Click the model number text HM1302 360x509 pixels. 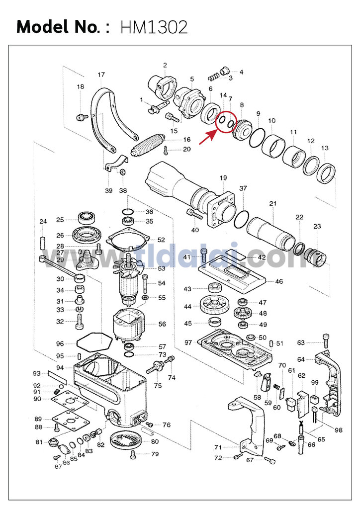pyautogui.click(x=154, y=27)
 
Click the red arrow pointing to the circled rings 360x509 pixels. pyautogui.click(x=208, y=137)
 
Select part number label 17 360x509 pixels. pyautogui.click(x=101, y=75)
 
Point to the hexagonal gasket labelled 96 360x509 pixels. pyautogui.click(x=93, y=343)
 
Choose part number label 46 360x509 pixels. pyautogui.click(x=279, y=281)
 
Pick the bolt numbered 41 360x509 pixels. pyautogui.click(x=204, y=257)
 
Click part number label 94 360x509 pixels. pyautogui.click(x=60, y=368)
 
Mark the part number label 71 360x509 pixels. pyautogui.click(x=218, y=447)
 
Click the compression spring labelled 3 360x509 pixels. pyautogui.click(x=214, y=78)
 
